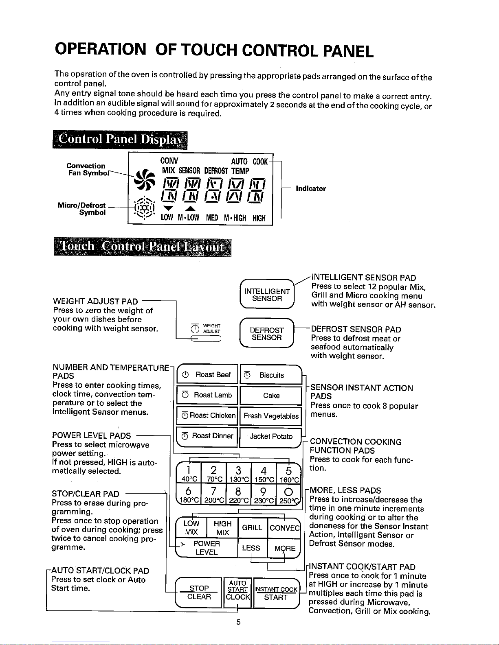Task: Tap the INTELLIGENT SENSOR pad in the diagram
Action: [x=267, y=295]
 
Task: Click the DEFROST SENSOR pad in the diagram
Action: [x=267, y=334]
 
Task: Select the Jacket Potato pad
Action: [x=271, y=436]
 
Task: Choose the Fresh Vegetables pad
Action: [x=271, y=416]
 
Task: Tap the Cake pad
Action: [x=271, y=396]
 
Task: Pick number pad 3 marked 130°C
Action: [x=238, y=474]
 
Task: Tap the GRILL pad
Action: [x=252, y=528]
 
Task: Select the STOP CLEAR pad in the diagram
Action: [x=199, y=593]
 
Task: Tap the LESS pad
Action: [x=251, y=548]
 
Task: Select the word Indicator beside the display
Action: [x=311, y=189]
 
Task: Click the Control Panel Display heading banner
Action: [x=120, y=140]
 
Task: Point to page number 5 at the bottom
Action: [x=238, y=622]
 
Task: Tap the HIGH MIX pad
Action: [x=222, y=528]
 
